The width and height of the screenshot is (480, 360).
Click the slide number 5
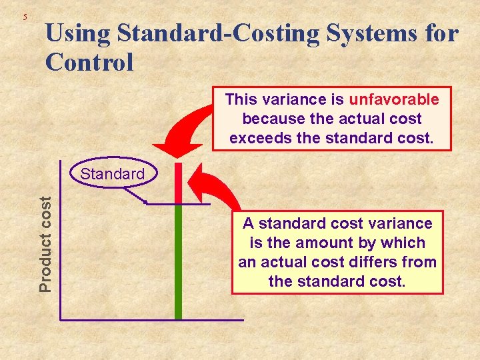click(x=25, y=17)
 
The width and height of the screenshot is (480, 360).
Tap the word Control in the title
click(x=90, y=62)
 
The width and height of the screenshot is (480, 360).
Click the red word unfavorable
click(x=394, y=100)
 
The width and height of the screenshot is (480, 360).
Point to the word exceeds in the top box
click(x=255, y=139)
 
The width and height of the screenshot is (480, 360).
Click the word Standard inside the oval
click(x=112, y=175)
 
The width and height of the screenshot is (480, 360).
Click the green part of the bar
click(x=178, y=260)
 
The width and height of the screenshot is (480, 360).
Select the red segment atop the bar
click(x=178, y=183)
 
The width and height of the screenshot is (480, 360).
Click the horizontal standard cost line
click(x=193, y=203)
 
